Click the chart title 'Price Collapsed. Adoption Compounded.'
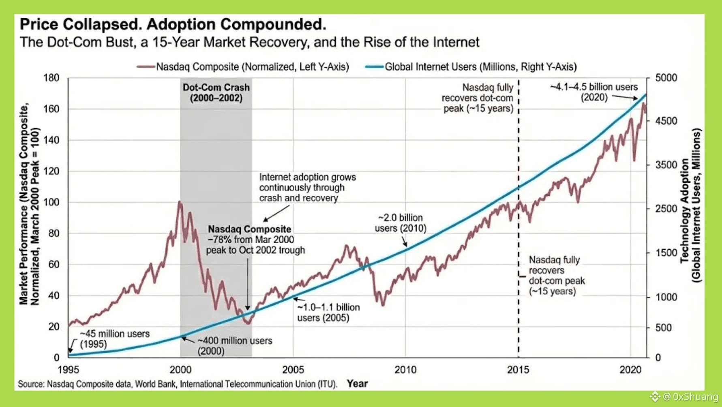[x=173, y=25]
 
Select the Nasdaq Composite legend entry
[x=243, y=67]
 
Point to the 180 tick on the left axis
[x=51, y=77]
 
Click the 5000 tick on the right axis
[x=666, y=77]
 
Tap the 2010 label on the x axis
[x=405, y=370]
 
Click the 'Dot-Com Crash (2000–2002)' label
[x=216, y=93]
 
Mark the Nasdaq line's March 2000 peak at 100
[x=180, y=202]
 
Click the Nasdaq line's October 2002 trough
[x=248, y=323]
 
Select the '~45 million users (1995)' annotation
[x=114, y=339]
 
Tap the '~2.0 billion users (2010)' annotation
[x=401, y=223]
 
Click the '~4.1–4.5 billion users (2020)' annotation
[x=594, y=92]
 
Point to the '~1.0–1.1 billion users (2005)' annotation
[x=328, y=313]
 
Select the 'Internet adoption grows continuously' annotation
[x=307, y=188]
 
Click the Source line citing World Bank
[x=177, y=384]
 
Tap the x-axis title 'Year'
[x=357, y=383]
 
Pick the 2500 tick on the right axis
[x=666, y=209]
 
